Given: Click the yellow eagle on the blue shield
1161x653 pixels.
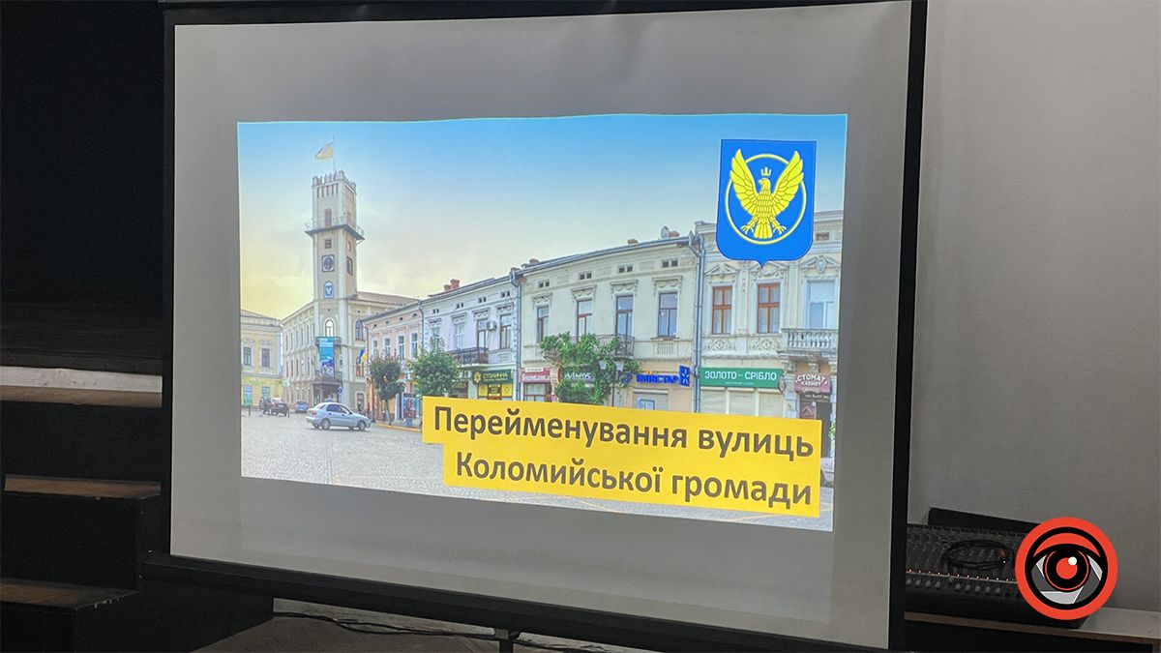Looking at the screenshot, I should [766, 197].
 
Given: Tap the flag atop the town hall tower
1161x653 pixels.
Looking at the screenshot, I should [324, 151].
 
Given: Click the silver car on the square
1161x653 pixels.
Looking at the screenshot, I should [337, 416].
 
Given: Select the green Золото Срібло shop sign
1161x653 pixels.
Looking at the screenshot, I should [740, 377].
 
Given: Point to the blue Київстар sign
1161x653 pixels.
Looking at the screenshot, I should [658, 378].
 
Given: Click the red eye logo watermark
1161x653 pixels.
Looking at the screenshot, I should [1065, 568].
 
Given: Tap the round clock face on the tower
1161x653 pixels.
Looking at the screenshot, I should [327, 262].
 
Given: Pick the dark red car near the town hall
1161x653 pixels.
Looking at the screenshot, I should [278, 406].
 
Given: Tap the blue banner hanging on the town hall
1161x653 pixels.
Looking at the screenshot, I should [326, 355].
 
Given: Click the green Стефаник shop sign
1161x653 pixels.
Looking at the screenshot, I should [492, 375].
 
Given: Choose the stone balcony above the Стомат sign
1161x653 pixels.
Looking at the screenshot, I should [809, 341].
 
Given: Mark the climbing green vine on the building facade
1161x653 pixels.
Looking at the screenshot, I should [580, 363].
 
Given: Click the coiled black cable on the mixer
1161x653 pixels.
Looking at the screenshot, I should [977, 555].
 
